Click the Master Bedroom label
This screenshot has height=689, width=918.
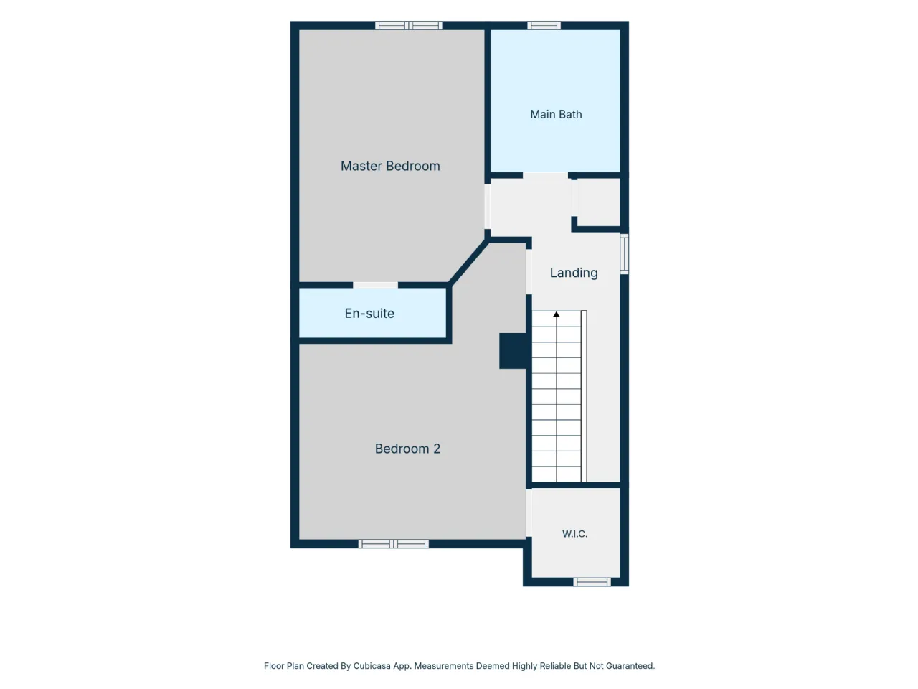[x=389, y=166]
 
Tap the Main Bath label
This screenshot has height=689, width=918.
[x=555, y=114]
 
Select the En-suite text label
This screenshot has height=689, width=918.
[x=369, y=314]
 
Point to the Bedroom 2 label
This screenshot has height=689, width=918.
[x=407, y=449]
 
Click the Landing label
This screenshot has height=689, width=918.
[x=573, y=273]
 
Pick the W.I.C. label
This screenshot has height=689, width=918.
[x=574, y=534]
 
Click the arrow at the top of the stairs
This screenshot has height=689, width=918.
[x=557, y=314]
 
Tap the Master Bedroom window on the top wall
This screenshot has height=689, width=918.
[x=408, y=26]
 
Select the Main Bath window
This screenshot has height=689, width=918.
[x=544, y=26]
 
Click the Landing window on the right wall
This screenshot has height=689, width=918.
[x=624, y=254]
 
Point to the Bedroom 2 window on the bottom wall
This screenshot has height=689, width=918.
[x=394, y=544]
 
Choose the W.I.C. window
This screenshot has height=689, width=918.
[x=592, y=582]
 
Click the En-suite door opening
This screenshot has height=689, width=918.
[x=376, y=286]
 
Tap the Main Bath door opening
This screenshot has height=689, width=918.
[x=545, y=176]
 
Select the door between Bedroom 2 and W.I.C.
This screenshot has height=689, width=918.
[x=529, y=513]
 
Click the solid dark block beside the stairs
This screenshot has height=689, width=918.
[x=514, y=351]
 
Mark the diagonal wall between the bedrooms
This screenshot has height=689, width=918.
[x=468, y=262]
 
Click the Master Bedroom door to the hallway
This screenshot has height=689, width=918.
[x=487, y=206]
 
